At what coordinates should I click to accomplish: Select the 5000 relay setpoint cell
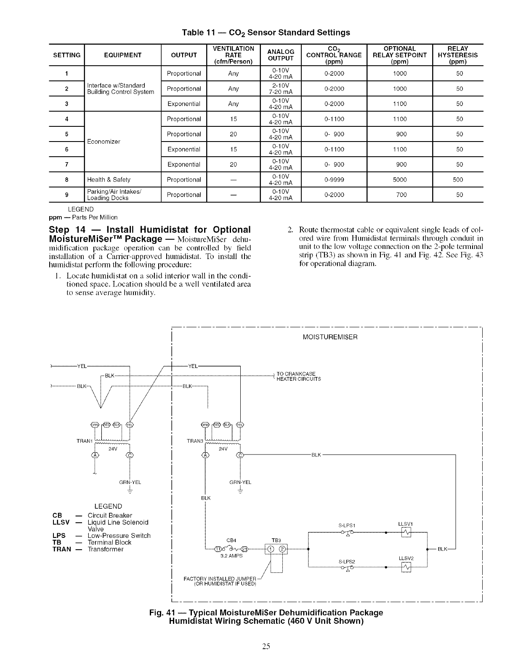point(399,179)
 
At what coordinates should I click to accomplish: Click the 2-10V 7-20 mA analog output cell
point(281,88)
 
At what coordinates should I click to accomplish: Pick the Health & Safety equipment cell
point(109,179)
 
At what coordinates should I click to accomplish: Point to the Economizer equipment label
point(104,142)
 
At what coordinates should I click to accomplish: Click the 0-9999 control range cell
point(334,179)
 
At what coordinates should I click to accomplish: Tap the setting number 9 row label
point(67,195)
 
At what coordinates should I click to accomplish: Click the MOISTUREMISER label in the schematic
point(330,337)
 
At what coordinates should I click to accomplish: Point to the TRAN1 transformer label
point(84,441)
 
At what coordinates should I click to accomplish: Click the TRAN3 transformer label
point(195,441)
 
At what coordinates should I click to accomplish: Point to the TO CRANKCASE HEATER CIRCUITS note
point(298,377)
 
